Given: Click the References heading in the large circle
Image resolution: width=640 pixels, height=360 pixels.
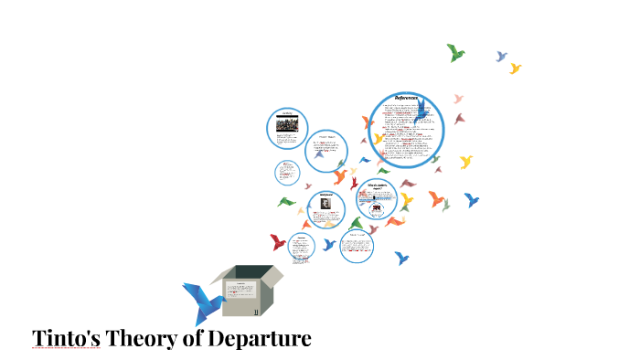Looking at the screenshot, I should coord(406,99).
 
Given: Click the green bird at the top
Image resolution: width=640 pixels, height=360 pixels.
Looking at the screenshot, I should coord(455,52).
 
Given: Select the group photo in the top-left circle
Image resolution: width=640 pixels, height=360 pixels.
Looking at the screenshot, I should coord(286,123).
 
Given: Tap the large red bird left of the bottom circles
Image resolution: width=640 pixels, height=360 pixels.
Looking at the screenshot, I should coord(278,242).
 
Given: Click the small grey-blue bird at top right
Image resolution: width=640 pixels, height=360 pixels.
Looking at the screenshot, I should coord(501,57).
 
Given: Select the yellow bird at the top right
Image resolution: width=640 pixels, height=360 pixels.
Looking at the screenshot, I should coord(515,69).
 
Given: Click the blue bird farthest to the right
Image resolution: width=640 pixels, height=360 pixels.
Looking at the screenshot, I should coord(471,199).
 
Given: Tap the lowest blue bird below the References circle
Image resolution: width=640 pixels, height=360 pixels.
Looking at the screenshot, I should coord(400,259).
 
